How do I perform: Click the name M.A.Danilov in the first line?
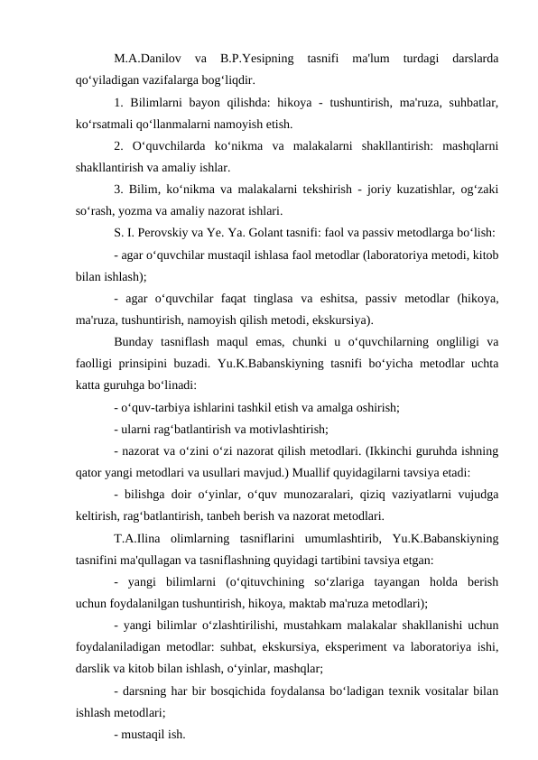click(x=144, y=59)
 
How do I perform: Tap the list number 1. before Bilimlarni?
click(x=120, y=100)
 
